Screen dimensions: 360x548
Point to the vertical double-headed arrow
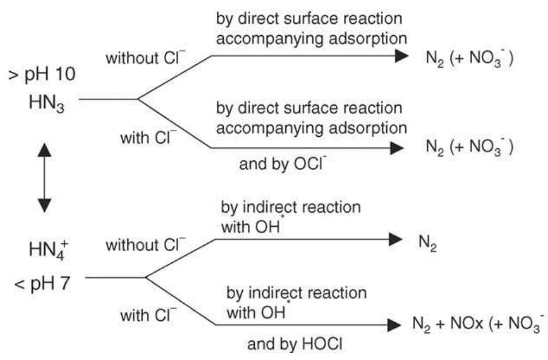click(x=44, y=178)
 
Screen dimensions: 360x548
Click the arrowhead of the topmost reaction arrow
click(x=400, y=56)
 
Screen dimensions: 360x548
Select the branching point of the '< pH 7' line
click(x=146, y=277)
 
